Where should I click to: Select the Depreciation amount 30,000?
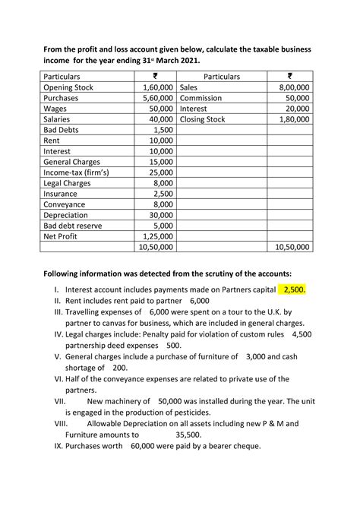tap(160, 214)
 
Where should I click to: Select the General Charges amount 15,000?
tap(160, 162)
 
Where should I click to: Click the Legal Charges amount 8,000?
tap(163, 183)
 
